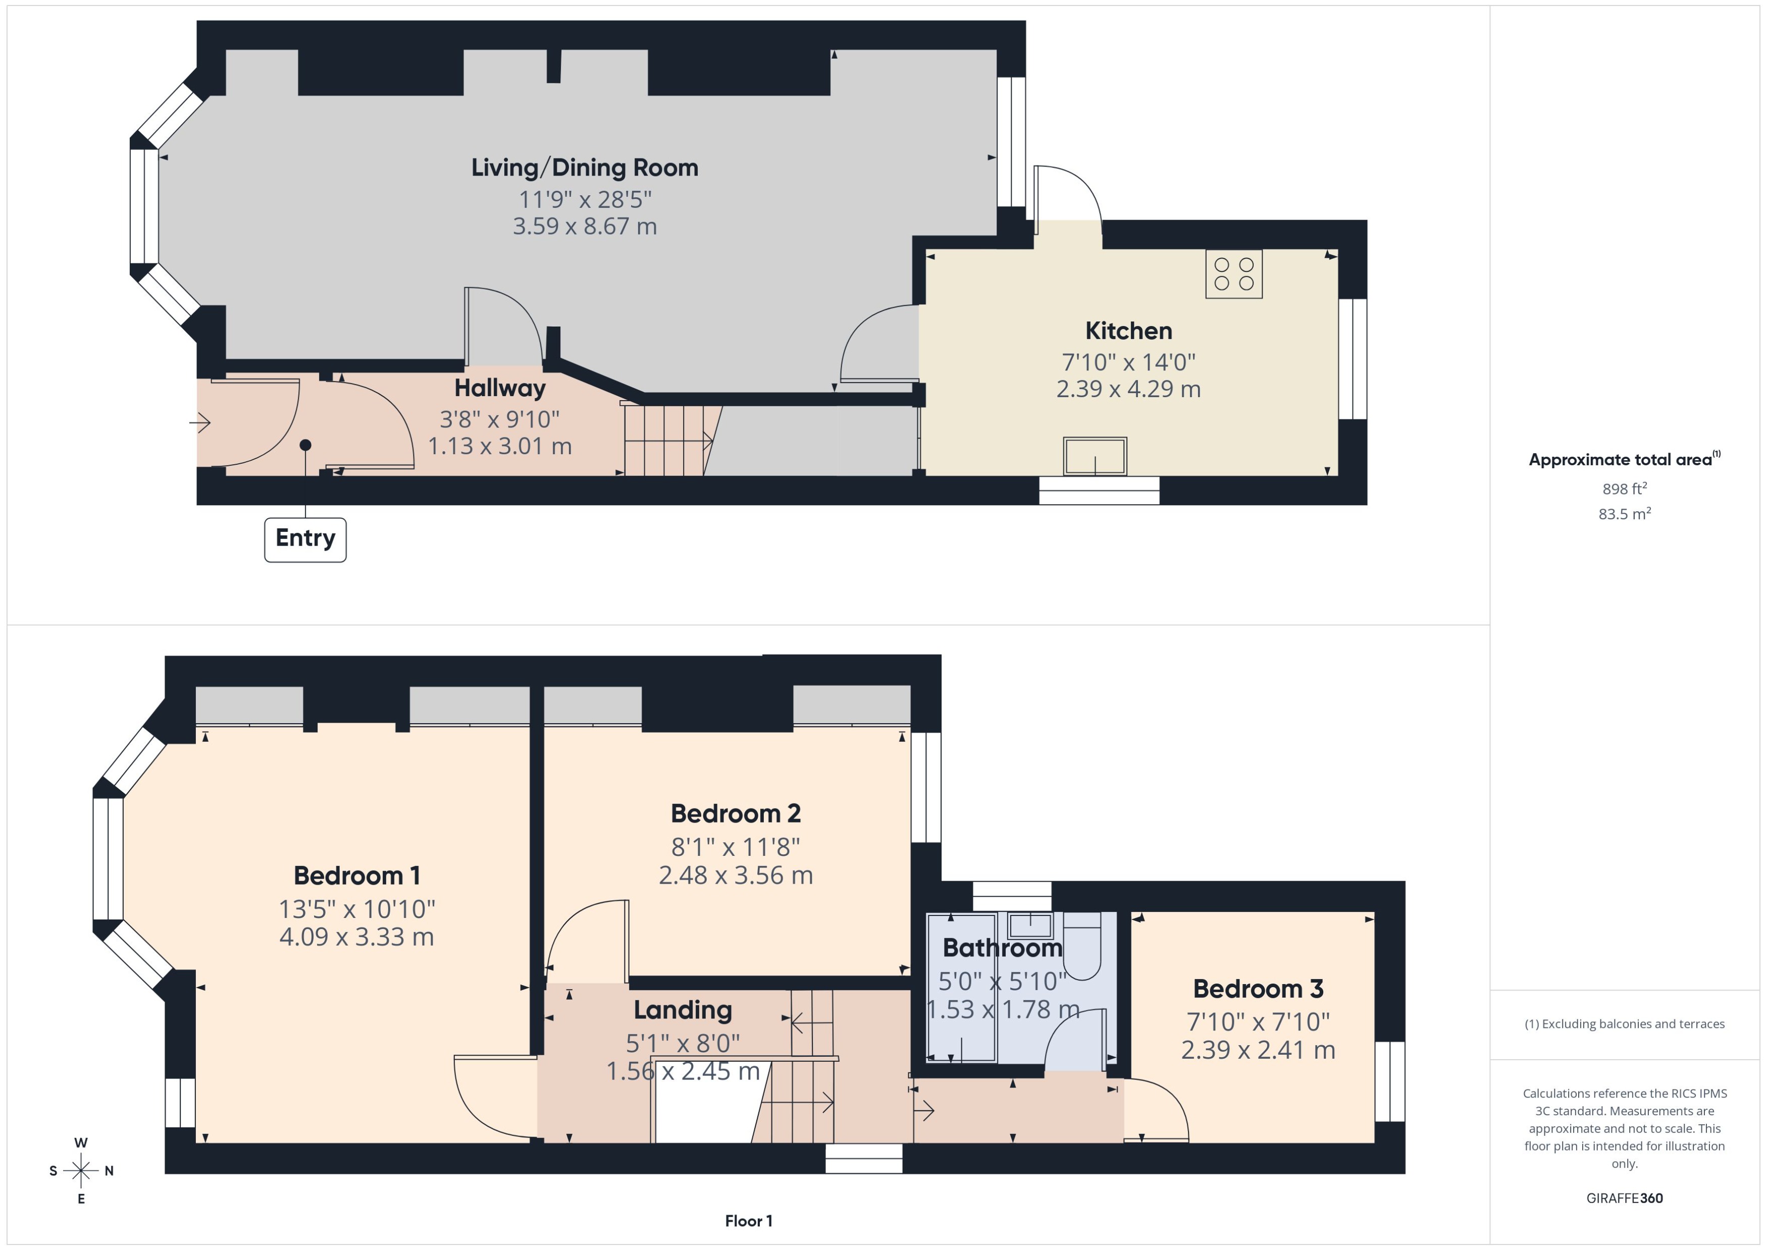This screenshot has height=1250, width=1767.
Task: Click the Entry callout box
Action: [x=305, y=539]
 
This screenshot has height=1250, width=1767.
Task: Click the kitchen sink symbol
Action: [x=1095, y=456]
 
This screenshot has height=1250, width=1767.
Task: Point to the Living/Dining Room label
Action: [x=585, y=168]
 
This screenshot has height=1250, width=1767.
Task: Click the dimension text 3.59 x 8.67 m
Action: [x=585, y=226]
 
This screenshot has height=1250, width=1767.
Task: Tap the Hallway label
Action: [x=500, y=388]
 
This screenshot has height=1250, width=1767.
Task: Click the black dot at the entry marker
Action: [x=305, y=445]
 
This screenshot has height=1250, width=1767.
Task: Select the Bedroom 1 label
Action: [x=356, y=876]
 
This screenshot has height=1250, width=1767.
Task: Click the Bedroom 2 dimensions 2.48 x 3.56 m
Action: [x=735, y=875]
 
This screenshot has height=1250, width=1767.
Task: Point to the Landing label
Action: [x=682, y=1010]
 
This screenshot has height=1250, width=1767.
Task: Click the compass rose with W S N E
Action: [x=81, y=1171]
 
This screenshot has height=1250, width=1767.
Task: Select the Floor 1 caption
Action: [x=748, y=1221]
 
